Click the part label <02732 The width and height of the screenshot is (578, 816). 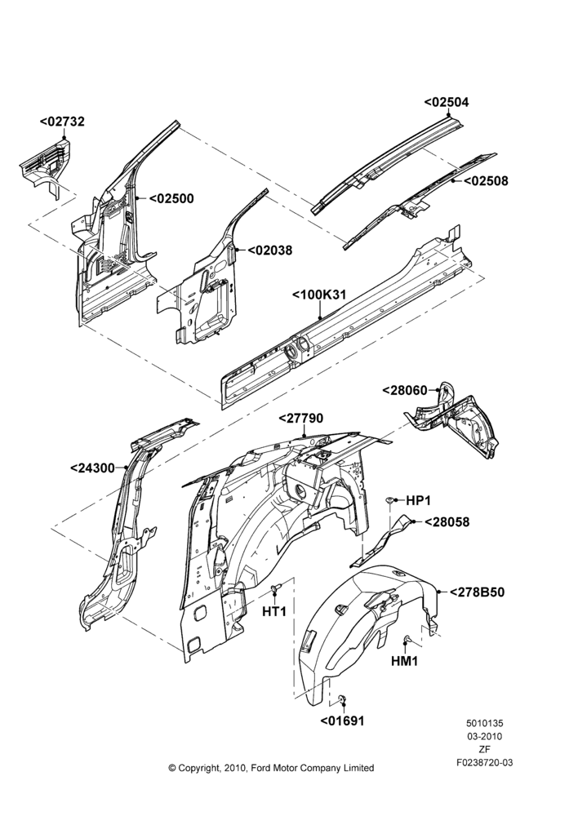(61, 122)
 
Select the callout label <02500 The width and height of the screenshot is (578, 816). (171, 199)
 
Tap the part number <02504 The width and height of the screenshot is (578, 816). (447, 102)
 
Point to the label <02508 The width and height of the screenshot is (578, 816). (486, 181)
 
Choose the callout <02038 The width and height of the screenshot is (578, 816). (269, 251)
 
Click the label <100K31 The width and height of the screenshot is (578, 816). (319, 295)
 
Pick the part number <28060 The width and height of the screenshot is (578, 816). (405, 390)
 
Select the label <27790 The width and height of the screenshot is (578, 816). (301, 419)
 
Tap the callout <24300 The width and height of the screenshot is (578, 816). (92, 468)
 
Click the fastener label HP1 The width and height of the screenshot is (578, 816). (418, 501)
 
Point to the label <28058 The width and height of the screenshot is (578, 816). (447, 522)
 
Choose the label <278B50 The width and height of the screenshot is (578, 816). (477, 592)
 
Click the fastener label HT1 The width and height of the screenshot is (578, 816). (274, 612)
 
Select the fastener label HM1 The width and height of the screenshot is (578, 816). (405, 662)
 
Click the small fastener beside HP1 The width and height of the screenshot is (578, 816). (390, 500)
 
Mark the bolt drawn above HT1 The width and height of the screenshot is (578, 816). (275, 588)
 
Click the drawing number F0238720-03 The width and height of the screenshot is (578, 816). (485, 763)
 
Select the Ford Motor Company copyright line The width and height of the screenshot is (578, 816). (271, 768)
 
